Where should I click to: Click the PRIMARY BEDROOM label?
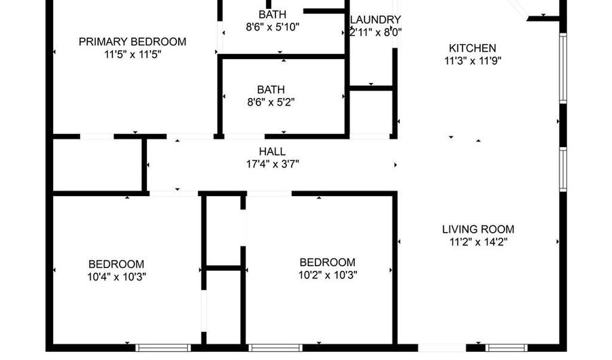click(133, 42)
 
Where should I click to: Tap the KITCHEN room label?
click(473, 48)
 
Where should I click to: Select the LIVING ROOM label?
click(478, 229)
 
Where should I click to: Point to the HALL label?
click(272, 152)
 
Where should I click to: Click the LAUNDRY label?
click(375, 20)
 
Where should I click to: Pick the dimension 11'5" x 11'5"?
click(133, 54)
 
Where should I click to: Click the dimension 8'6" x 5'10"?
click(273, 27)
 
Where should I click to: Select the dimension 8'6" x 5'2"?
click(271, 102)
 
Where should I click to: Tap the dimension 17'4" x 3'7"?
click(273, 164)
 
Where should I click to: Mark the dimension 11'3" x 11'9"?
click(473, 61)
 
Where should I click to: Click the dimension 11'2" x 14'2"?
click(479, 242)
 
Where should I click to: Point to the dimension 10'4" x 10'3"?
click(117, 277)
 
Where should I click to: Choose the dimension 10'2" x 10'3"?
click(328, 275)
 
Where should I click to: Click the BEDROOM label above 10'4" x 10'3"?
click(116, 264)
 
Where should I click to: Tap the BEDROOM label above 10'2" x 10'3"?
click(328, 263)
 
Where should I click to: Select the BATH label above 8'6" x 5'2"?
click(271, 90)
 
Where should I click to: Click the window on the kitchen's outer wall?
click(563, 68)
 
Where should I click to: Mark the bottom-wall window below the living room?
click(506, 348)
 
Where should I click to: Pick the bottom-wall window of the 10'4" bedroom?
click(163, 348)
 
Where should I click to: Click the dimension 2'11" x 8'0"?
click(375, 33)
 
